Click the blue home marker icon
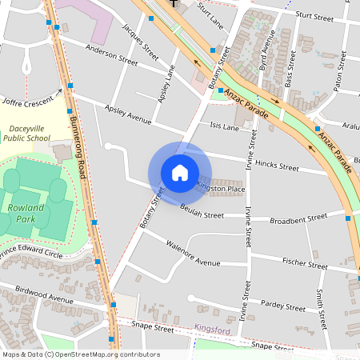tap(179, 173)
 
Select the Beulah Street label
tap(202, 214)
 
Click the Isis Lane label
tap(224, 126)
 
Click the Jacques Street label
tap(141, 38)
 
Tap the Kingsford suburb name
tap(213, 328)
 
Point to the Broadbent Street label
tap(299, 217)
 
